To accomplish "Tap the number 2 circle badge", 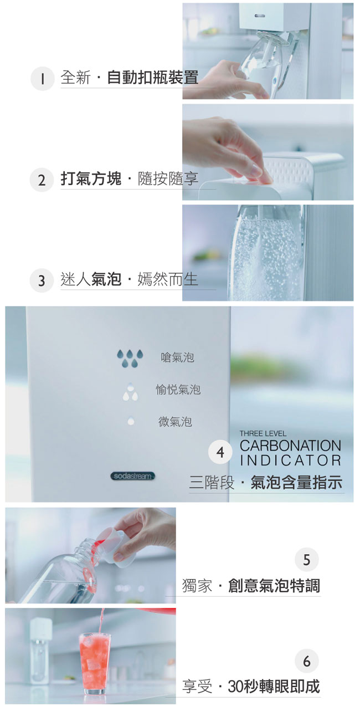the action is pyautogui.click(x=42, y=180).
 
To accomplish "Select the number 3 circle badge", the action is pyautogui.click(x=42, y=280).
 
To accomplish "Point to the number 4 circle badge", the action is pyautogui.click(x=220, y=452).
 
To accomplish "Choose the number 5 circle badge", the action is pyautogui.click(x=306, y=559).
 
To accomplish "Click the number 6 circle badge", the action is pyautogui.click(x=306, y=661).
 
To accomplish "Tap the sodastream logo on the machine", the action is pyautogui.click(x=133, y=476).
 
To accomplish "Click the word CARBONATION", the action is pyautogui.click(x=290, y=446).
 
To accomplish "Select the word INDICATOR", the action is pyautogui.click(x=290, y=461).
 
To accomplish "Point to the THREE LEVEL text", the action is pyautogui.click(x=263, y=433).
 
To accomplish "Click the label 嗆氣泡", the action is pyautogui.click(x=177, y=357).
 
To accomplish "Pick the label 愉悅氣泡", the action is pyautogui.click(x=178, y=390).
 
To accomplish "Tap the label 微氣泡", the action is pyautogui.click(x=175, y=422).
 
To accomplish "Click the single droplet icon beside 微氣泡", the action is pyautogui.click(x=130, y=421).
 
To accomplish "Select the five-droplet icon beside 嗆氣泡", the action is pyautogui.click(x=130, y=359).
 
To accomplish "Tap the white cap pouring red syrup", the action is pyautogui.click(x=119, y=546).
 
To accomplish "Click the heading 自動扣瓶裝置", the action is pyautogui.click(x=153, y=78).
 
